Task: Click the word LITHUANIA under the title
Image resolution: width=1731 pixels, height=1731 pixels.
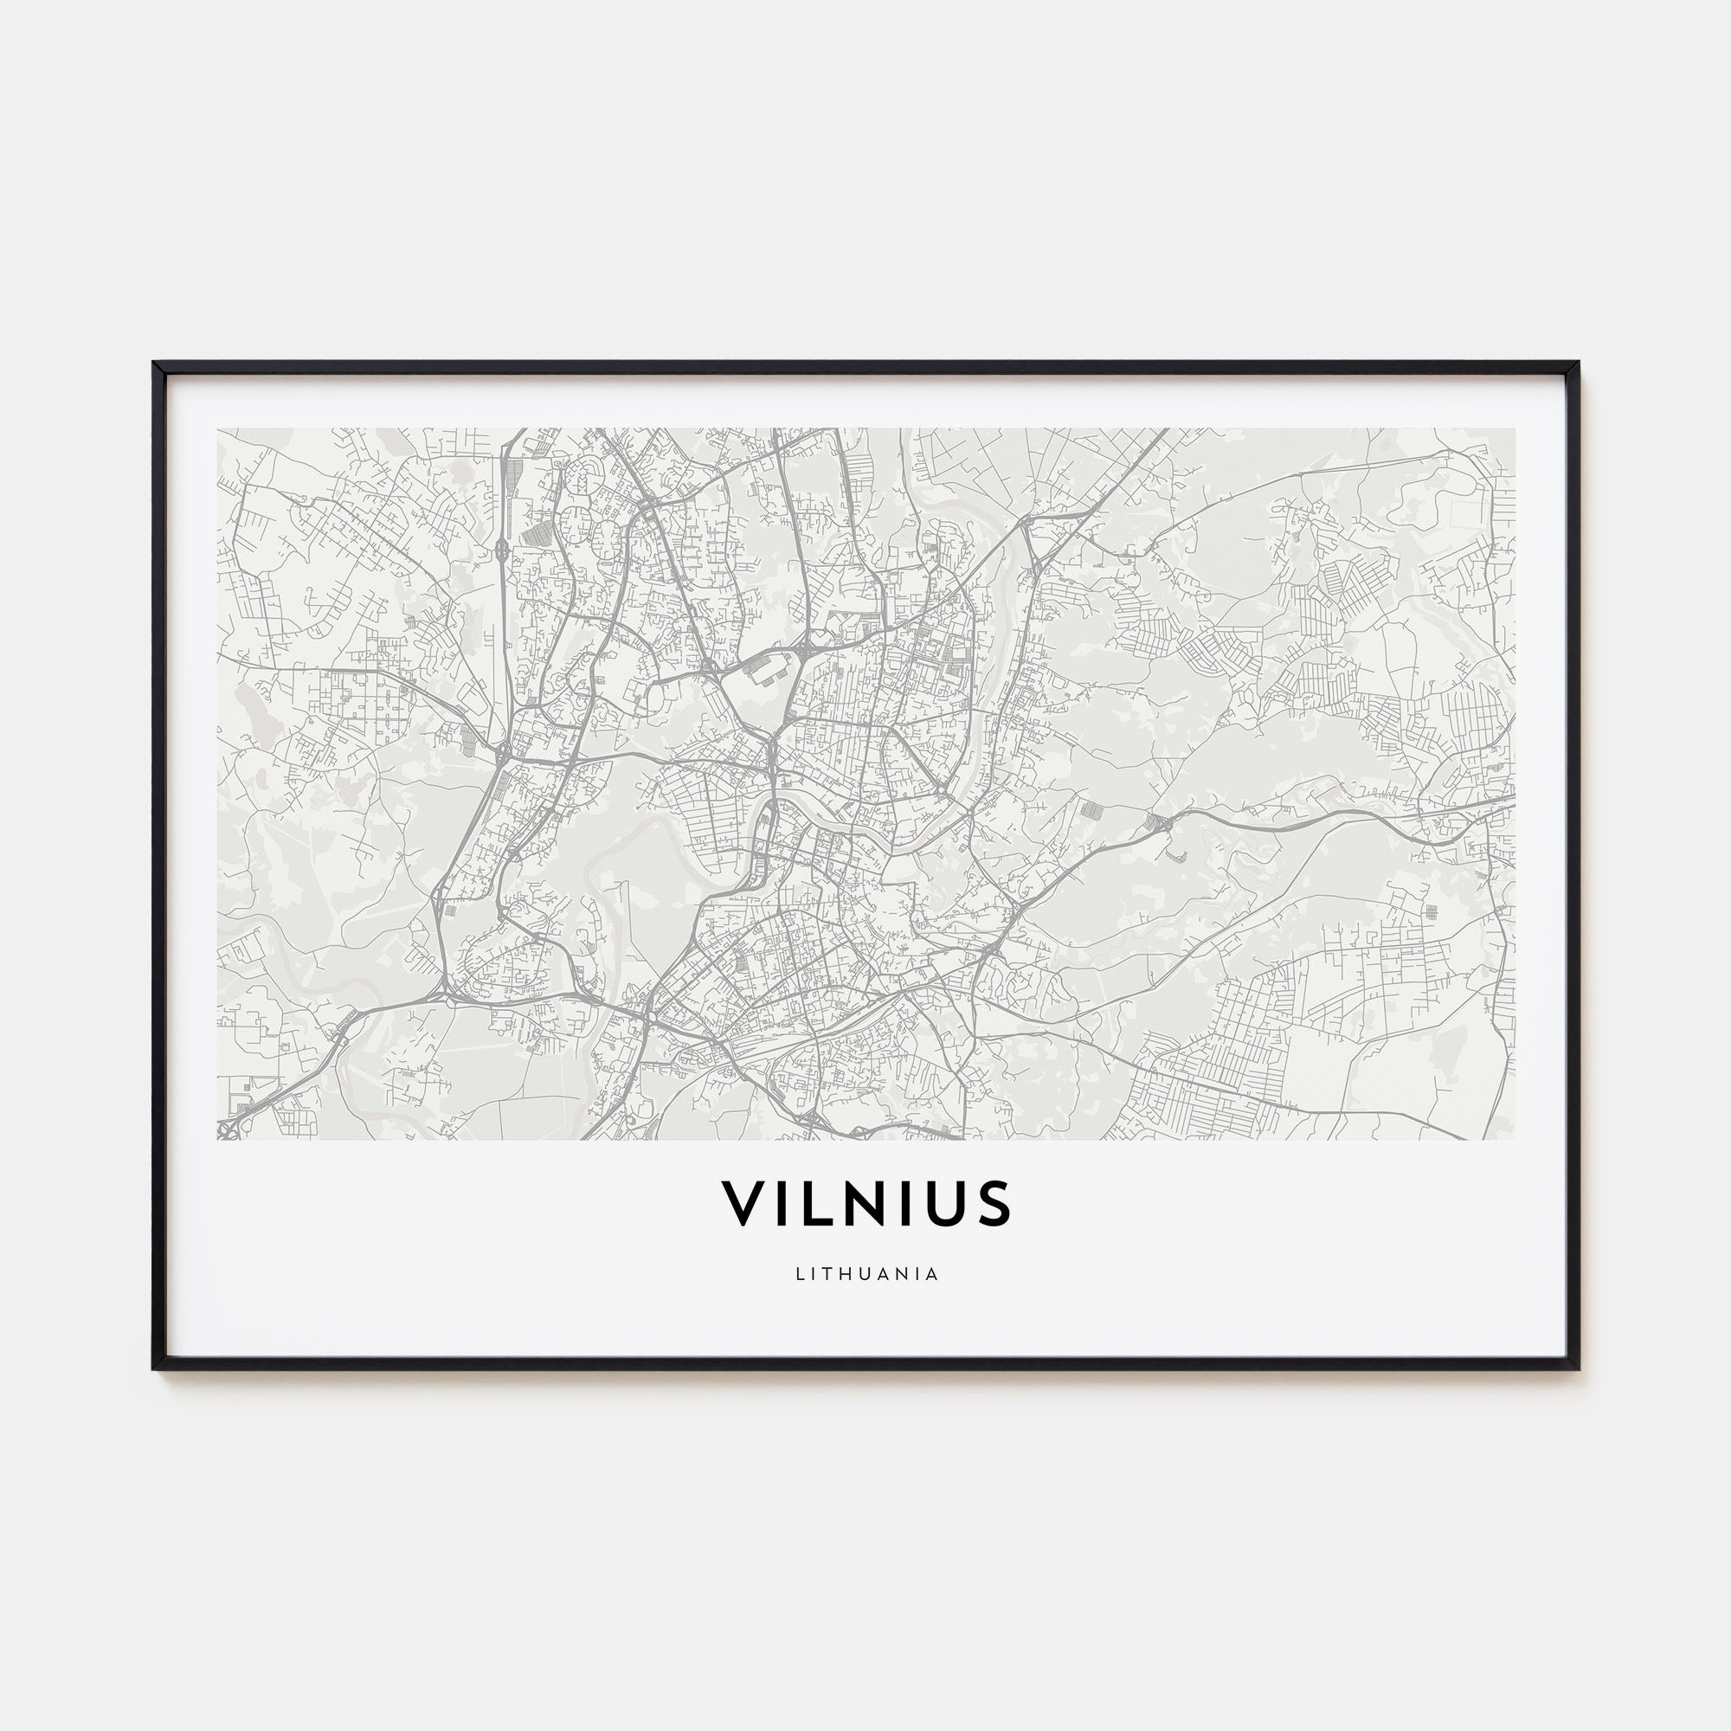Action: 866,1274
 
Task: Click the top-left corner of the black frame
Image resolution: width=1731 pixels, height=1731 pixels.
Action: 155,363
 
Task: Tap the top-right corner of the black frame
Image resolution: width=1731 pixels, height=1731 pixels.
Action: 1577,363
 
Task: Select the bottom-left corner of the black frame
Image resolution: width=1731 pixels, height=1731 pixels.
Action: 155,1368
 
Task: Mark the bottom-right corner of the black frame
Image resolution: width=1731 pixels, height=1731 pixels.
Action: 1577,1368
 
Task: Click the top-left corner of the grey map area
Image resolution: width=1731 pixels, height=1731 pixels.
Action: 218,428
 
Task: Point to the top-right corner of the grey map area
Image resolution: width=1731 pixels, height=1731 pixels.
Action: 1515,428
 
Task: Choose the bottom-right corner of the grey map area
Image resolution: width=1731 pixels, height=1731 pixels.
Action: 1515,1140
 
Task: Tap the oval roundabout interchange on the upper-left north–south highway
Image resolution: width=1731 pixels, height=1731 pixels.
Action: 501,549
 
